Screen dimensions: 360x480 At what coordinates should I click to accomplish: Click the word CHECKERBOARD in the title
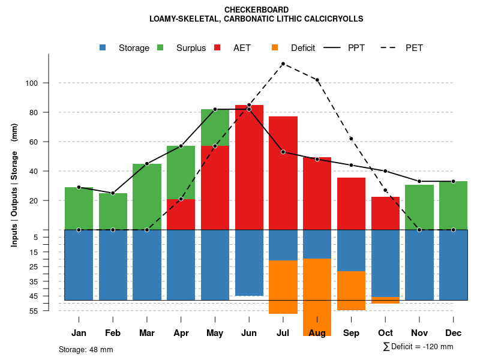pos(256,10)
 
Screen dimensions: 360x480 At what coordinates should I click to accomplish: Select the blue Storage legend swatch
pos(103,47)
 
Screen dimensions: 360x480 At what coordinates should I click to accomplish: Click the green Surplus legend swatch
pos(160,47)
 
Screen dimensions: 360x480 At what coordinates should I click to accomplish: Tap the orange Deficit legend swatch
pos(275,47)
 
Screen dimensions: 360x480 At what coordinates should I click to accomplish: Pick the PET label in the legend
pos(414,48)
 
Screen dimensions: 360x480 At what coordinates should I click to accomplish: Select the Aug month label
pos(317,333)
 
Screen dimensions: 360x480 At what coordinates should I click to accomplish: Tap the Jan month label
pos(79,333)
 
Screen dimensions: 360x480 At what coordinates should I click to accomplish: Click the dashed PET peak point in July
pos(283,64)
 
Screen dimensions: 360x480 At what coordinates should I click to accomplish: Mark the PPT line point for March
pos(147,164)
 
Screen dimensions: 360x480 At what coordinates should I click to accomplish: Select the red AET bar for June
pos(249,167)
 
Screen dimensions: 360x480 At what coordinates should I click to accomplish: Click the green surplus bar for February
pos(113,211)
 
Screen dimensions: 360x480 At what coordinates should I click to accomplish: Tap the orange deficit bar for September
pos(351,290)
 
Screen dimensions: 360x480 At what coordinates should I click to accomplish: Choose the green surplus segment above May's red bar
pos(215,127)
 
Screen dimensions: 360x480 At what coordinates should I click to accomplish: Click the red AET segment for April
pos(181,214)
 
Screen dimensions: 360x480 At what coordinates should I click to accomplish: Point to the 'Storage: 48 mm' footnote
pos(86,349)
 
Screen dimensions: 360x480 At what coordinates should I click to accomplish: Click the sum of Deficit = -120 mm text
pos(418,347)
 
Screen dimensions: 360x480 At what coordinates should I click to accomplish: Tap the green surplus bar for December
pos(453,205)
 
